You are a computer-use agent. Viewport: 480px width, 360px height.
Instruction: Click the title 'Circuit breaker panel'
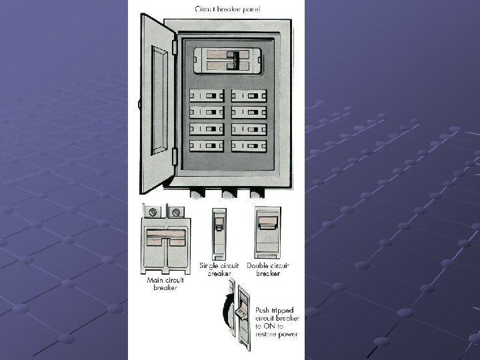228,9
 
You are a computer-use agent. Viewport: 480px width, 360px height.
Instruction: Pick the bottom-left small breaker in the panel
207,145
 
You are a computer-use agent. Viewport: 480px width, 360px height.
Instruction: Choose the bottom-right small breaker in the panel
249,145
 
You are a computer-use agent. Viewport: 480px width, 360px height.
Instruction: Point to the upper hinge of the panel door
175,47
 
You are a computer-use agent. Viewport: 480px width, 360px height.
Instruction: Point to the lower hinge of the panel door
175,157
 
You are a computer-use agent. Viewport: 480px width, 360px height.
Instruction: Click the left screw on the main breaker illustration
153,213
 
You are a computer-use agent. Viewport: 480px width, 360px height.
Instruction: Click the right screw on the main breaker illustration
176,213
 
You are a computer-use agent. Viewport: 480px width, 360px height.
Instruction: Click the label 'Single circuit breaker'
218,269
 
